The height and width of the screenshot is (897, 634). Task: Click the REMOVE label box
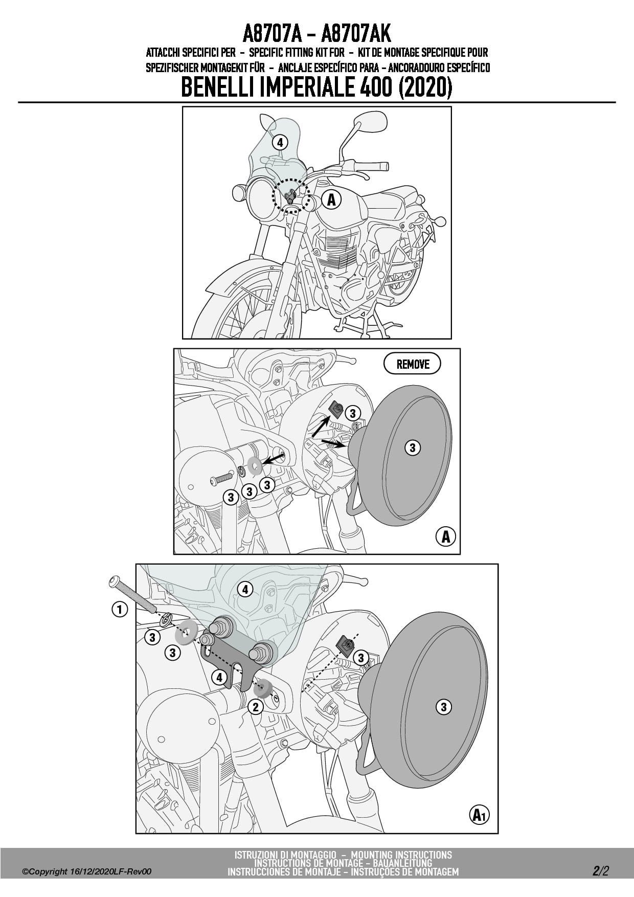click(x=412, y=364)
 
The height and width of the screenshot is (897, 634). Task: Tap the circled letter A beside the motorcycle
click(x=331, y=199)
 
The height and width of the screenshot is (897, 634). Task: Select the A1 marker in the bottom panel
click(x=479, y=815)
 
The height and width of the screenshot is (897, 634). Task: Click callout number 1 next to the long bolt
click(x=120, y=609)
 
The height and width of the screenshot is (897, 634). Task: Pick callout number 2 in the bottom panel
click(x=255, y=707)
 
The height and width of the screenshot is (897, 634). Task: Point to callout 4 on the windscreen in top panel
click(x=279, y=142)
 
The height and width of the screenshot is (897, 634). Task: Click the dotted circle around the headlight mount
click(x=291, y=196)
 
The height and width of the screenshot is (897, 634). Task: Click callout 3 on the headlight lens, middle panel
click(x=412, y=447)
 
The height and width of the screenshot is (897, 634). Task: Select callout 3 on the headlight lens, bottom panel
click(x=443, y=707)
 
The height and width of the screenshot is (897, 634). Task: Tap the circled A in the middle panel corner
click(x=445, y=537)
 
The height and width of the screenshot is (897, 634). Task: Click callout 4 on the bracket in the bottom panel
click(x=219, y=678)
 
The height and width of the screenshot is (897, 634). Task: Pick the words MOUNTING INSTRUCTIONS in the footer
click(x=402, y=855)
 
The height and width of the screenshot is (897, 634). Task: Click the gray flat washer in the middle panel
click(x=255, y=465)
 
